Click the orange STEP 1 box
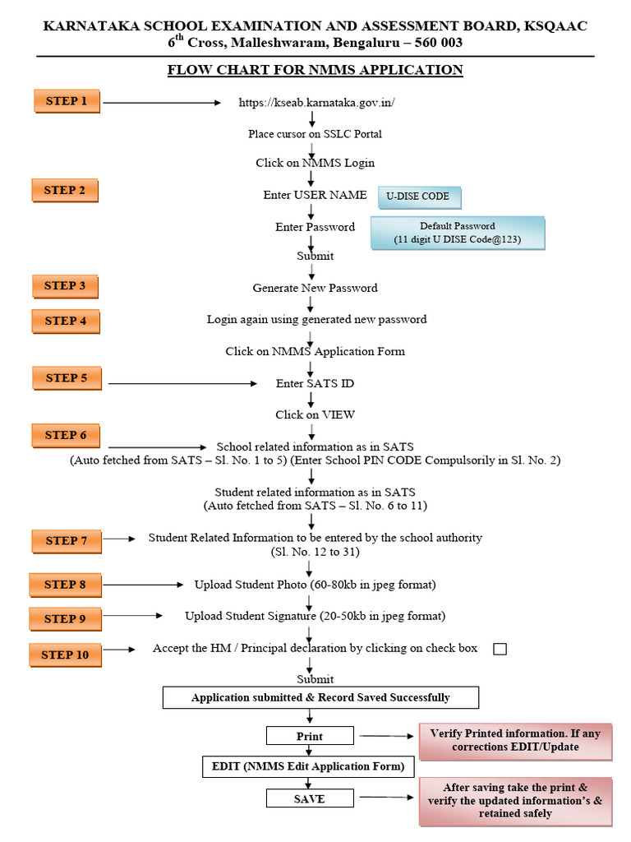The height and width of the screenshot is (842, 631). pyautogui.click(x=67, y=101)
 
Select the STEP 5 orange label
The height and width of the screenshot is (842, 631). pyautogui.click(x=67, y=378)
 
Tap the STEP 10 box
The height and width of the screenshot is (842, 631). pyautogui.click(x=65, y=655)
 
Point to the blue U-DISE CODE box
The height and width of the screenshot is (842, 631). pyautogui.click(x=418, y=197)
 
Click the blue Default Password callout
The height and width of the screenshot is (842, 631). pyautogui.click(x=457, y=233)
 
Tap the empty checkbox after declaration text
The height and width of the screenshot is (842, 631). pyautogui.click(x=500, y=650)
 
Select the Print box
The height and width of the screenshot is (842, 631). pyautogui.click(x=310, y=736)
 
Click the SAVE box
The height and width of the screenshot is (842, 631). pyautogui.click(x=310, y=798)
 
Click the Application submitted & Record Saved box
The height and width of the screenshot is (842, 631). pyautogui.click(x=320, y=697)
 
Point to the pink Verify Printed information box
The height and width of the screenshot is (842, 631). pyautogui.click(x=515, y=741)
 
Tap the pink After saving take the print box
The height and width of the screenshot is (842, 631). pyautogui.click(x=515, y=800)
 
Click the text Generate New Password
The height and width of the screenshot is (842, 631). pyautogui.click(x=315, y=288)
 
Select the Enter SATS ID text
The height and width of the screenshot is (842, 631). pyautogui.click(x=315, y=383)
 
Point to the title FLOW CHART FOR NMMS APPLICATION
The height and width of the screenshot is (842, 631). pyautogui.click(x=315, y=70)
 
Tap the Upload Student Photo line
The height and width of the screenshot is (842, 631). pyautogui.click(x=315, y=585)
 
